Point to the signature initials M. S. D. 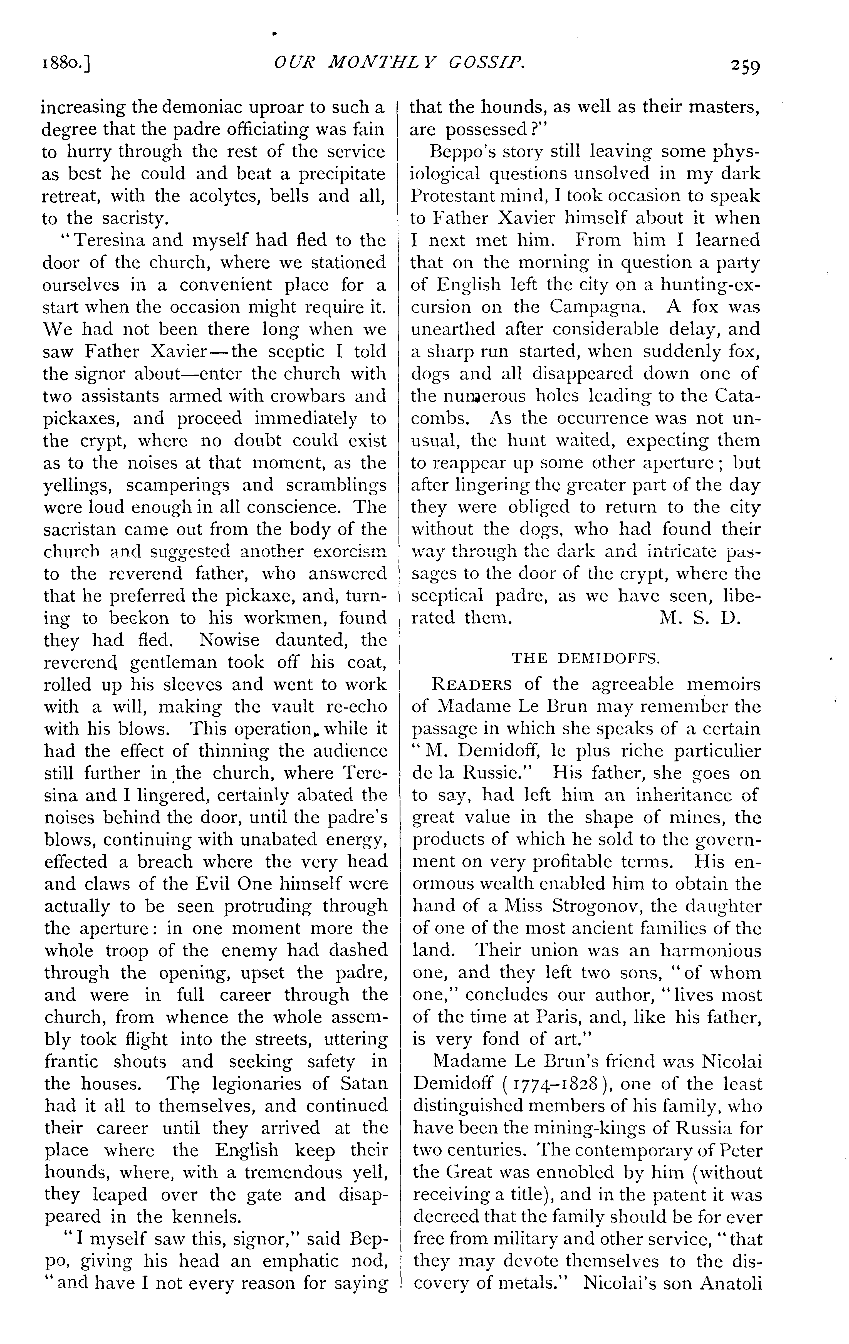[x=700, y=618]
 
